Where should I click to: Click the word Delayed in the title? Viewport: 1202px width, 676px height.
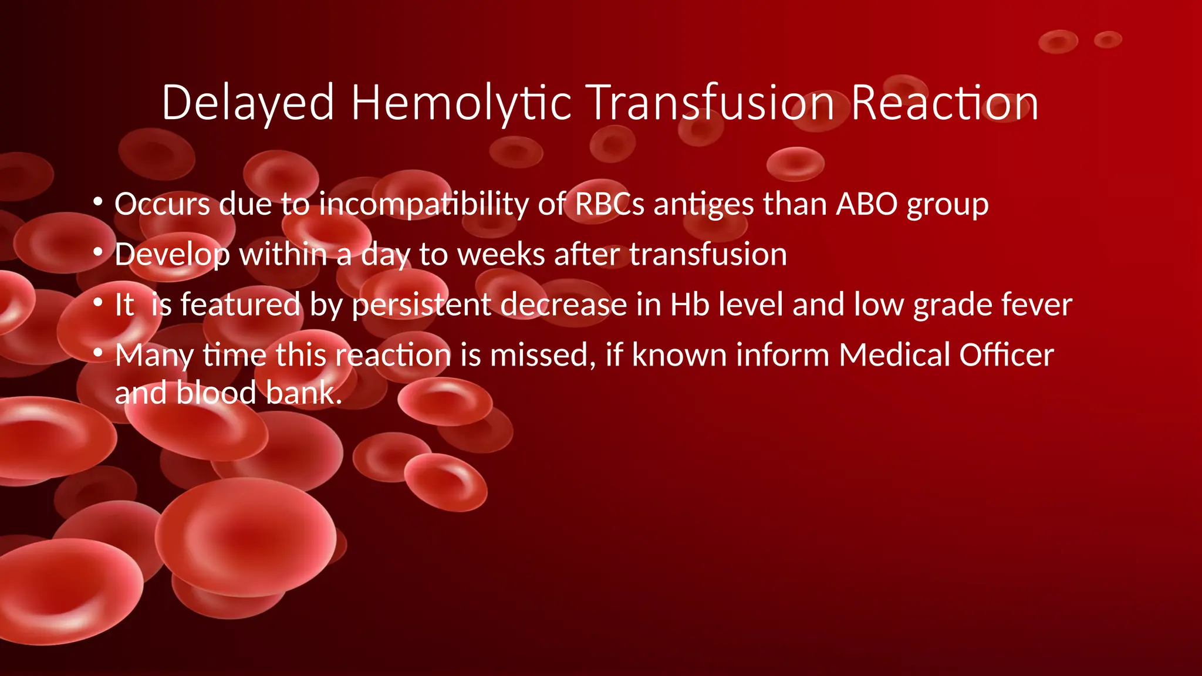pos(248,103)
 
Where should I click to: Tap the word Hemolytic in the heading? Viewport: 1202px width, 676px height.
pos(461,103)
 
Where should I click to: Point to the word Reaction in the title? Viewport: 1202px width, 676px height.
pos(944,103)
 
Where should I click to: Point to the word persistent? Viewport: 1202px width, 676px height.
pos(421,305)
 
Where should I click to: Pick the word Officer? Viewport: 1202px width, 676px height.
pos(1007,355)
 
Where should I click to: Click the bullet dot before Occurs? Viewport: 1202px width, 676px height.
pos(98,203)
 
